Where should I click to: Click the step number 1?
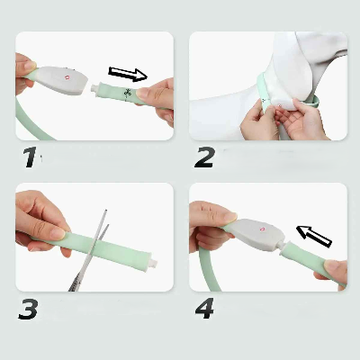(31, 157)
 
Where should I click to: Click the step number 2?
(204, 157)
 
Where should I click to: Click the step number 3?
(28, 309)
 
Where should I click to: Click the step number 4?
(204, 309)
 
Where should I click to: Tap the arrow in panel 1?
(128, 74)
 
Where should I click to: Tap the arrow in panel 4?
(314, 237)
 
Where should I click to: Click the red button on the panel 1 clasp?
(67, 77)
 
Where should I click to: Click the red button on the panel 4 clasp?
(263, 229)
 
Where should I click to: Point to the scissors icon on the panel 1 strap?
(128, 94)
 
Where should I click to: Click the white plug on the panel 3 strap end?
(153, 264)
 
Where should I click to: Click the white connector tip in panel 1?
(94, 87)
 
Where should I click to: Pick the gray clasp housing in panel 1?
(60, 80)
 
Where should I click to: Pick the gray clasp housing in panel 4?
(257, 234)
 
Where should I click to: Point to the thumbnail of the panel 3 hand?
(57, 233)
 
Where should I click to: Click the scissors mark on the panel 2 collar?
(265, 100)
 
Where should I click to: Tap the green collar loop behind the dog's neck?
(315, 100)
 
